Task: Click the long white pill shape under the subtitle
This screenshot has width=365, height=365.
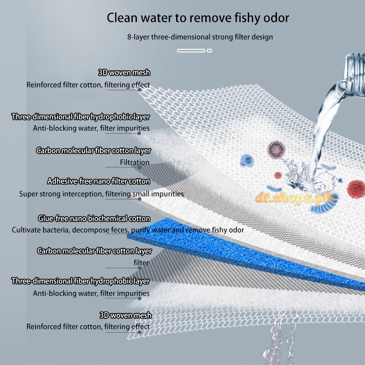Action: point(191,50)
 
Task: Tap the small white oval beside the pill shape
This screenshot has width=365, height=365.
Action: point(210,50)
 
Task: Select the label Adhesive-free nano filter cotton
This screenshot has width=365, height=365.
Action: point(99,182)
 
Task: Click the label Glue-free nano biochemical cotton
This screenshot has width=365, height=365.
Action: point(94,218)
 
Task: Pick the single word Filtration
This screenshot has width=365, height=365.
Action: point(135,162)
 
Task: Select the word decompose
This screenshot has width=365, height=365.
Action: point(88,230)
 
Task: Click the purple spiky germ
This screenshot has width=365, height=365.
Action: point(275,149)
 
